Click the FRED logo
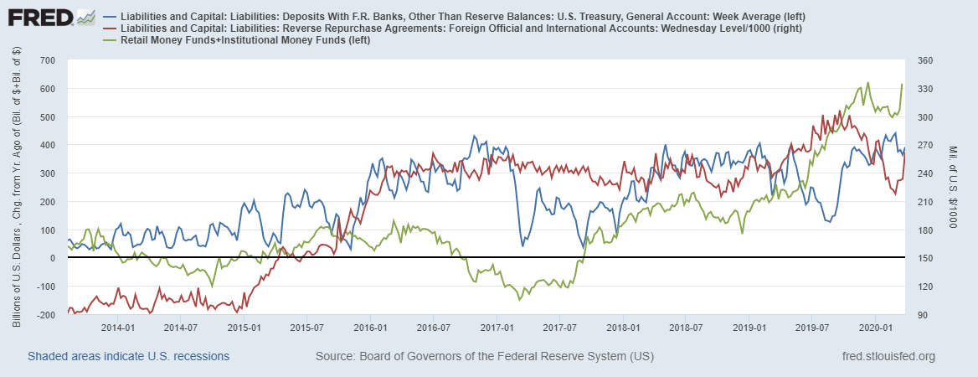(x=38, y=17)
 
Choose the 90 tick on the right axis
(x=919, y=315)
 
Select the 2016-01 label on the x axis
(x=370, y=328)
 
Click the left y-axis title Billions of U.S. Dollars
(x=18, y=188)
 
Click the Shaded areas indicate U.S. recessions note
(x=129, y=356)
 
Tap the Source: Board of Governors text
(x=484, y=356)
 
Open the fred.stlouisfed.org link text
(x=887, y=356)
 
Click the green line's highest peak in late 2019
(x=867, y=82)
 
